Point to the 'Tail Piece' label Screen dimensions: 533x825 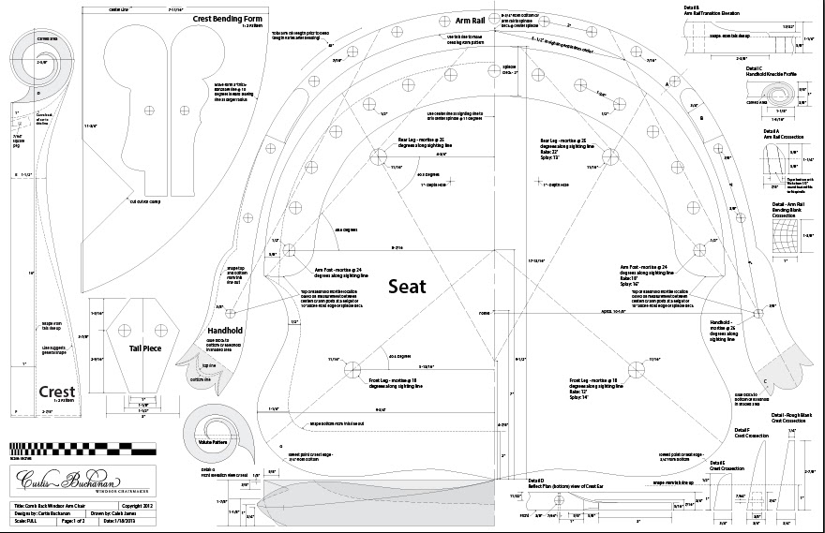[148, 349]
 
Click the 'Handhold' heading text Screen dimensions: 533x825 [226, 331]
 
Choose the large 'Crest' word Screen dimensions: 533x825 [58, 392]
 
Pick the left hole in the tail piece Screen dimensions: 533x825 [121, 328]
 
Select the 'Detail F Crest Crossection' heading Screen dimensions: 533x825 [748, 434]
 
